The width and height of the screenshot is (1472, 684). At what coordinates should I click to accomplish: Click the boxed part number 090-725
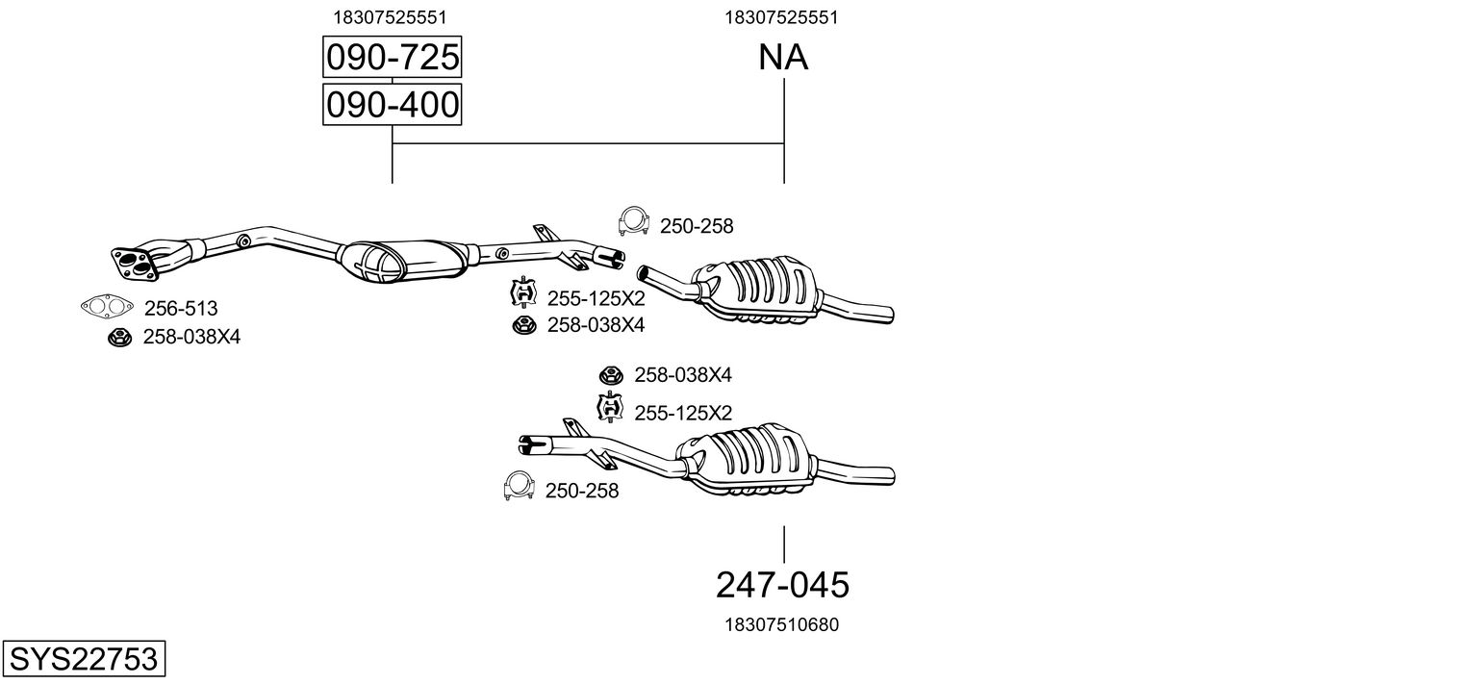pyautogui.click(x=393, y=57)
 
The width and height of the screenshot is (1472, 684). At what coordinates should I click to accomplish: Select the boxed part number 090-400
pyautogui.click(x=393, y=105)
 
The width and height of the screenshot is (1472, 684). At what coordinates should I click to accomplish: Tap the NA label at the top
pyautogui.click(x=782, y=57)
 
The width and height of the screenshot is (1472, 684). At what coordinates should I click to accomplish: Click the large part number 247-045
pyautogui.click(x=782, y=584)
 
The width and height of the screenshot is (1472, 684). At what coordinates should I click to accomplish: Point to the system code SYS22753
pyautogui.click(x=84, y=658)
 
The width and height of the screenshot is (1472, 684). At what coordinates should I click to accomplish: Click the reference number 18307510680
pyautogui.click(x=782, y=624)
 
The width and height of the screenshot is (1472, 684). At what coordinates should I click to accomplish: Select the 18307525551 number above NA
pyautogui.click(x=781, y=17)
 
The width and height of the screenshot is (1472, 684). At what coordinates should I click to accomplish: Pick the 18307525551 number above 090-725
pyautogui.click(x=391, y=17)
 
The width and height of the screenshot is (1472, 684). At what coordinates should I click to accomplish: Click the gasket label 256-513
pyautogui.click(x=181, y=308)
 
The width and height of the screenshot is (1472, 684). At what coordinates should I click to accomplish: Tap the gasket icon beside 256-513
pyautogui.click(x=107, y=306)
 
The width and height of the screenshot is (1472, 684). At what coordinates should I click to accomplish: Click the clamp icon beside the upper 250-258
pyautogui.click(x=633, y=221)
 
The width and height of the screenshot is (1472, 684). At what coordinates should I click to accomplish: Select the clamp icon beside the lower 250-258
pyautogui.click(x=519, y=486)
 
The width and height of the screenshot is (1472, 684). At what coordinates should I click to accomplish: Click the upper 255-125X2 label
pyautogui.click(x=596, y=298)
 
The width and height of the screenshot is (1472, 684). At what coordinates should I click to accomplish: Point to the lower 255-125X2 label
pyautogui.click(x=683, y=413)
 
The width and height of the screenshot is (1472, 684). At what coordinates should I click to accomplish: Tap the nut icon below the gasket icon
pyautogui.click(x=119, y=337)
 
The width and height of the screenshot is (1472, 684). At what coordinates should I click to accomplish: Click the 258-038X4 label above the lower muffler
pyautogui.click(x=683, y=375)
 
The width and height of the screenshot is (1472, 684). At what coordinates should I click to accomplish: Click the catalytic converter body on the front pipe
pyautogui.click(x=404, y=262)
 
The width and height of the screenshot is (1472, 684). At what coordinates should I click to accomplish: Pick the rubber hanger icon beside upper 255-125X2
pyautogui.click(x=523, y=292)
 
